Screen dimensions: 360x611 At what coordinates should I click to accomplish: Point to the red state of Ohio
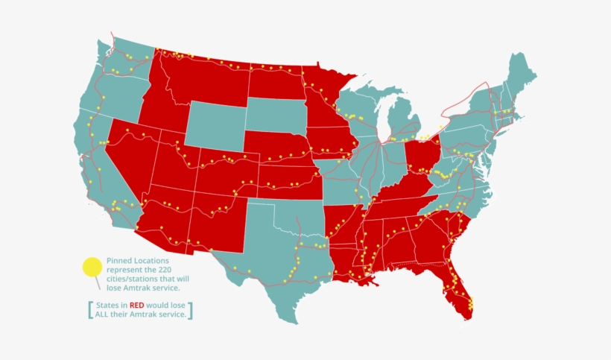420,154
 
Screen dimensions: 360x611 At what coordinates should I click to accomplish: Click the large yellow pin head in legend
92,267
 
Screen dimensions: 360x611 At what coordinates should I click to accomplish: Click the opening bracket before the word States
90,310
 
